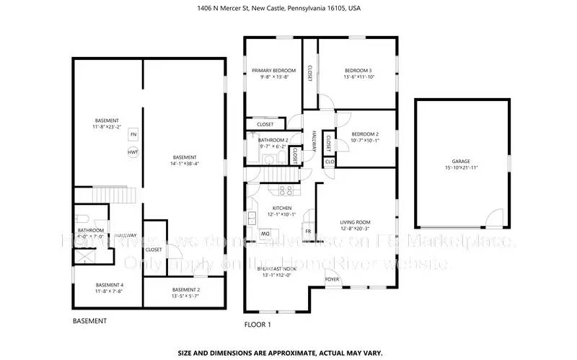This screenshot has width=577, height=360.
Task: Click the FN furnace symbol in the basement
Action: tap(133, 135)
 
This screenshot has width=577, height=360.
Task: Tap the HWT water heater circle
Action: tap(133, 152)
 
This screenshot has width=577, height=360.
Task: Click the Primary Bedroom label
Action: tap(273, 71)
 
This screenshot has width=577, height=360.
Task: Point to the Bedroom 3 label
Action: tap(358, 71)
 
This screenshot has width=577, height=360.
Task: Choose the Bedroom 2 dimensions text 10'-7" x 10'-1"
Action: tap(365, 141)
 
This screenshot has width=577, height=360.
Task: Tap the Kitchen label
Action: tap(282, 208)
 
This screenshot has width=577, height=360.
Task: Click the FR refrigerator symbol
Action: tap(309, 232)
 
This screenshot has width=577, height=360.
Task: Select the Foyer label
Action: tap(332, 278)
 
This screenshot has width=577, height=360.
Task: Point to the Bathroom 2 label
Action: tap(273, 140)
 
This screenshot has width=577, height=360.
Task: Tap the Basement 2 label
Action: tap(186, 290)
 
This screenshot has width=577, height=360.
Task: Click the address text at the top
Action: tap(288, 9)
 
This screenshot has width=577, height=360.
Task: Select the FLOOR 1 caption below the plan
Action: tap(257, 325)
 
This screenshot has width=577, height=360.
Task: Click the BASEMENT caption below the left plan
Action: tap(90, 320)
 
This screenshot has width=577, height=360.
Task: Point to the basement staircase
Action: tap(114, 196)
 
